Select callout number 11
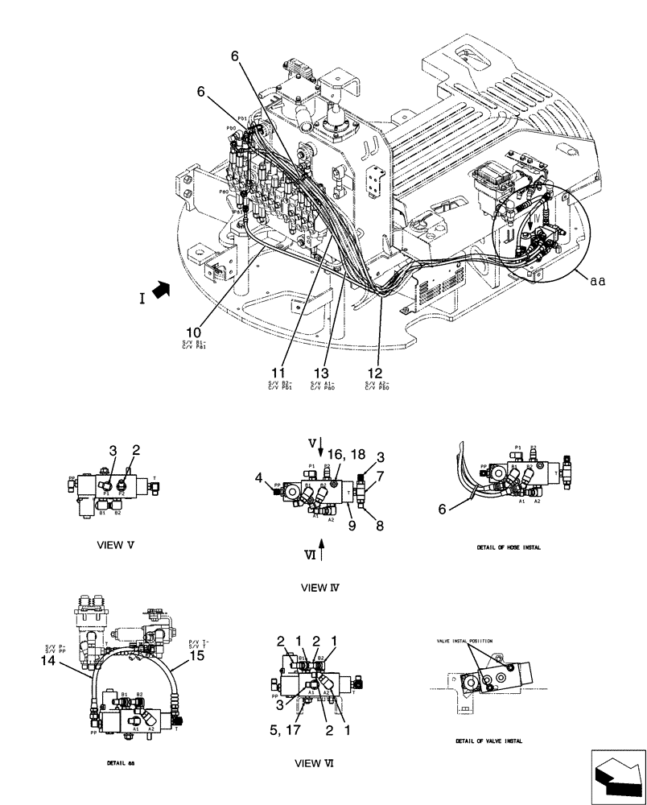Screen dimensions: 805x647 click(x=278, y=373)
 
